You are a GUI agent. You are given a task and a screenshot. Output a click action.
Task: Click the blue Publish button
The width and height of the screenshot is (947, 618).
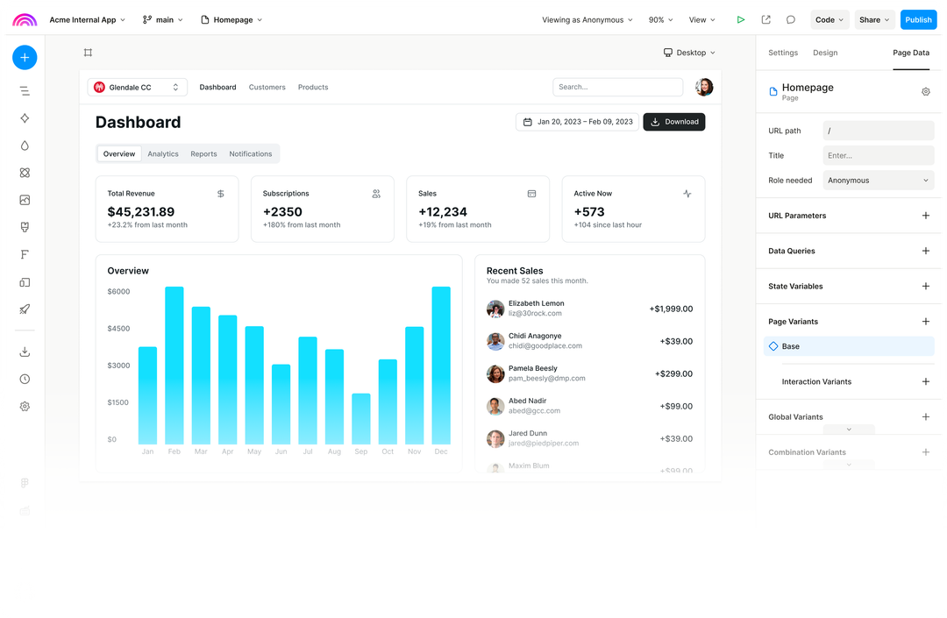918,20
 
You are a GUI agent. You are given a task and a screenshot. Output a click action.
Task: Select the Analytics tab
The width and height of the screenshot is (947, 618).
163,154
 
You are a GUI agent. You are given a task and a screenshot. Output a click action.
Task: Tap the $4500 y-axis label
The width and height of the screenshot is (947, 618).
118,329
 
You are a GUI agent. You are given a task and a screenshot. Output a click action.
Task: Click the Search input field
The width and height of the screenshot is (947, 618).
617,87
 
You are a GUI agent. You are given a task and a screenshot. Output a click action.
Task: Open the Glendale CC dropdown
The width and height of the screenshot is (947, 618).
137,87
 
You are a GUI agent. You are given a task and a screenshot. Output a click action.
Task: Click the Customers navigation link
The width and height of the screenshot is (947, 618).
267,88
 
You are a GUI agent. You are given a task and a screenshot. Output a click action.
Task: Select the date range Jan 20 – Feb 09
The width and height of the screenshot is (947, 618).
578,122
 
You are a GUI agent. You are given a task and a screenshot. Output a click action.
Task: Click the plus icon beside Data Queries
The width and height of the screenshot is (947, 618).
925,251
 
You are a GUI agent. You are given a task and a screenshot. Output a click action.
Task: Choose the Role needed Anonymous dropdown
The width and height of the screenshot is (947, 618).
878,181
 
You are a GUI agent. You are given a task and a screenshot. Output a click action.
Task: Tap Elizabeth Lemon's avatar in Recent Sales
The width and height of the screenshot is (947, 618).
495,309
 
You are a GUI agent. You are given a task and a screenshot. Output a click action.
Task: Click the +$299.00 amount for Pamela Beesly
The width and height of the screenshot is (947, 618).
673,373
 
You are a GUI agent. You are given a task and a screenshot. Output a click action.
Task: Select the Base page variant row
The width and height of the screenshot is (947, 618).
848,346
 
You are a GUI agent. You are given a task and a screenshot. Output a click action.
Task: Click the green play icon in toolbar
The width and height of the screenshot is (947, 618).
741,20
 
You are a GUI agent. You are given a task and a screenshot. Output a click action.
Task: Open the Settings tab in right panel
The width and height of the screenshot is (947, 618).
783,53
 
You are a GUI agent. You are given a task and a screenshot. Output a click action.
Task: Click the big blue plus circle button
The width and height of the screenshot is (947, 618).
25,58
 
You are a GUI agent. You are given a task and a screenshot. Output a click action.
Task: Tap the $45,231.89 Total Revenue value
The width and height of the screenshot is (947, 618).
141,211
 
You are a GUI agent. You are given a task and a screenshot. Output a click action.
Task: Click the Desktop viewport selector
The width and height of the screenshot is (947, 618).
689,53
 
